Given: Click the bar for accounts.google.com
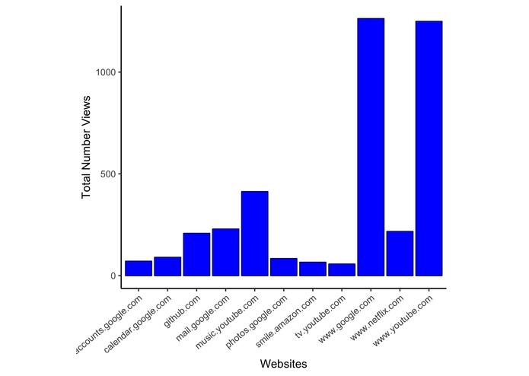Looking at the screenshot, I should pyautogui.click(x=139, y=268).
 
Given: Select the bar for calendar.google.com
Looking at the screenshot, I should pyautogui.click(x=167, y=266).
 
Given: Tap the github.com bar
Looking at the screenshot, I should pyautogui.click(x=196, y=254).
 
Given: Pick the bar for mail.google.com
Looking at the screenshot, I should pyautogui.click(x=225, y=252).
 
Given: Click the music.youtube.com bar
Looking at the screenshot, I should pyautogui.click(x=254, y=234).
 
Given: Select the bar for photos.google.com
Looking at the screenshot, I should pyautogui.click(x=283, y=267).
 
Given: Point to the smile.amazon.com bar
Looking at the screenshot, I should pyautogui.click(x=312, y=269).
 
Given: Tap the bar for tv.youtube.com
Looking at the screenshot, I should pyautogui.click(x=342, y=269).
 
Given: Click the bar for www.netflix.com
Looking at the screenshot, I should pyautogui.click(x=400, y=253).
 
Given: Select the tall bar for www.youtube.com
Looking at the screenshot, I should pyautogui.click(x=429, y=148).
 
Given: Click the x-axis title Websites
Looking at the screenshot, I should pyautogui.click(x=283, y=365).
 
